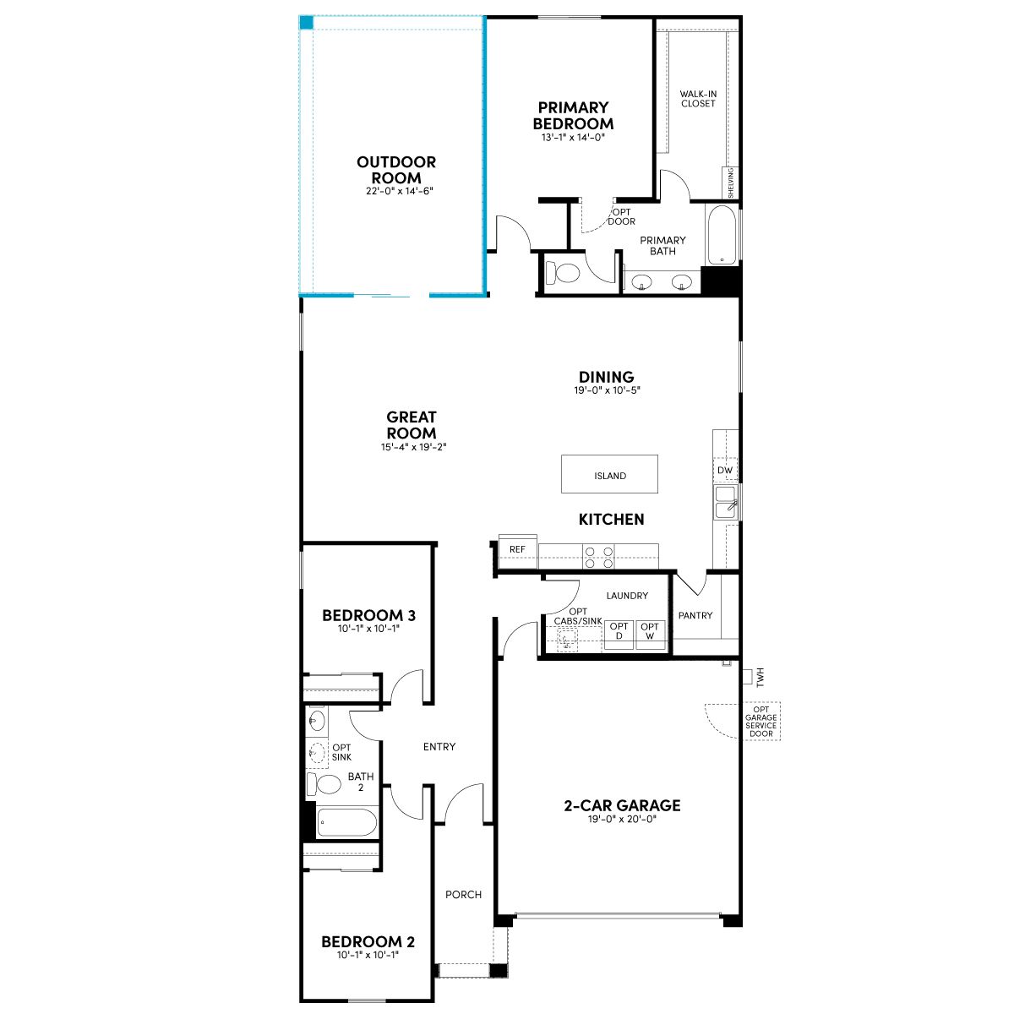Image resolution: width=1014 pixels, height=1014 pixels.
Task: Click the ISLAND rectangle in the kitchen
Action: [608, 473]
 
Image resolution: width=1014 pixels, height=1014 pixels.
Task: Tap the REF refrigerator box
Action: [517, 551]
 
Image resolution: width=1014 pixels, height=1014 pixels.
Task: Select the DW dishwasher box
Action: [724, 470]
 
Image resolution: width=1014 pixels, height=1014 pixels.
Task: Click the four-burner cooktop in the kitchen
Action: [599, 557]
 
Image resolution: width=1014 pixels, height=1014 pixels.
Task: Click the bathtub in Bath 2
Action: [346, 822]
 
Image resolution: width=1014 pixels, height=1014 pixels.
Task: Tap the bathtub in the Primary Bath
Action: [722, 235]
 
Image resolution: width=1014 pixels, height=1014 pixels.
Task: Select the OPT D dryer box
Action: [619, 635]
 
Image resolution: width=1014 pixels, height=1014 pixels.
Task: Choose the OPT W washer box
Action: [651, 635]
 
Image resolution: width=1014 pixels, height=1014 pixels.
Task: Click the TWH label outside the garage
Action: [760, 677]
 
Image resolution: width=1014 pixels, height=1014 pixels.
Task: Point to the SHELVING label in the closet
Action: [730, 183]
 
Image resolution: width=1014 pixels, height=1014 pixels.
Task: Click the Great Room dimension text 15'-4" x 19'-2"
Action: [413, 447]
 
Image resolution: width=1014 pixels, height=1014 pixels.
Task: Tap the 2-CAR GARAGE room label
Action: [622, 805]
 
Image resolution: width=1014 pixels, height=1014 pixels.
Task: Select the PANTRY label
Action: [695, 615]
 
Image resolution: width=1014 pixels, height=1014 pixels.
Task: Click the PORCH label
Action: [463, 894]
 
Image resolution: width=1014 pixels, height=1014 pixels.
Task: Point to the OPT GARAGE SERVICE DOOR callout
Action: [760, 721]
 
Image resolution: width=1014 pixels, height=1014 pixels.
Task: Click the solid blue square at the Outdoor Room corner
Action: [306, 23]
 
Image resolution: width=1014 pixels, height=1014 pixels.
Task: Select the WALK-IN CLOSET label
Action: [698, 98]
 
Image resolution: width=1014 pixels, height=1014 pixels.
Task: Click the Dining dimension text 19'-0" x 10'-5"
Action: [607, 390]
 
